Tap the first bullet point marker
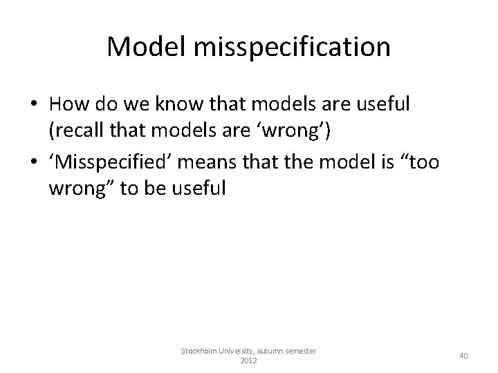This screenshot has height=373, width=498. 33,106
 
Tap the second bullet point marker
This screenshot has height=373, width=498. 33,164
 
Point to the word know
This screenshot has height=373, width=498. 178,105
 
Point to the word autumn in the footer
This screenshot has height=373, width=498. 274,352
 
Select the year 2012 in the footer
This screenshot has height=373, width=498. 248,361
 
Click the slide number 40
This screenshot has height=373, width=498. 463,356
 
